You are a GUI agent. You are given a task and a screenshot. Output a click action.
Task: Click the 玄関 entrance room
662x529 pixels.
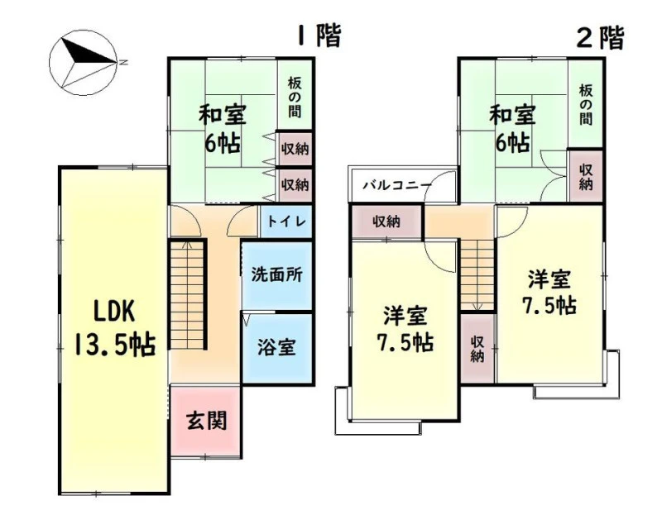206,421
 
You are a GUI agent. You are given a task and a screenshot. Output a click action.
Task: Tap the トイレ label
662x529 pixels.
286,222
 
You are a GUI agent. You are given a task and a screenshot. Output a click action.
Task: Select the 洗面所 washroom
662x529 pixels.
277,275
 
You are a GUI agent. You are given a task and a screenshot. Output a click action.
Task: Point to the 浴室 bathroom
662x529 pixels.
277,348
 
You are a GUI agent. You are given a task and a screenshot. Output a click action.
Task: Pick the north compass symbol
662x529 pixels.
84,63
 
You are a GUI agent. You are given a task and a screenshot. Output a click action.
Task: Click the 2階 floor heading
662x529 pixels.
600,38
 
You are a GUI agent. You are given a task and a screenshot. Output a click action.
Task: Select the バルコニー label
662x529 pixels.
398,186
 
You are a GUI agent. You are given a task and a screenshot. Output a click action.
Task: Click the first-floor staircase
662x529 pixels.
188,294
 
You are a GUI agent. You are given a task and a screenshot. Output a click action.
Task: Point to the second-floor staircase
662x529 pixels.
477,275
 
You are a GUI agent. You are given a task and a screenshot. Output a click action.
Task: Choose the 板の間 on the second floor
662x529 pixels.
586,105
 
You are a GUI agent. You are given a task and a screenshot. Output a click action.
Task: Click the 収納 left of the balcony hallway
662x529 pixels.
386,222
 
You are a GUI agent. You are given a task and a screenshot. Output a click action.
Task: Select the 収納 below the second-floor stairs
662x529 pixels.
477,349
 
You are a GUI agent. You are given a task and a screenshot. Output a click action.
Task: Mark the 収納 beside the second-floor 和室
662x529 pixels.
586,177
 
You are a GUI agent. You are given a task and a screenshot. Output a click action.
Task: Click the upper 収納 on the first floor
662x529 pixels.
295,149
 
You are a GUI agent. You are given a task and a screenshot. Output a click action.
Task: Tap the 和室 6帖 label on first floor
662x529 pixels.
223,129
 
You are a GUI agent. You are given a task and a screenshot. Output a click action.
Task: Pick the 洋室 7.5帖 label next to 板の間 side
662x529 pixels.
549,292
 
